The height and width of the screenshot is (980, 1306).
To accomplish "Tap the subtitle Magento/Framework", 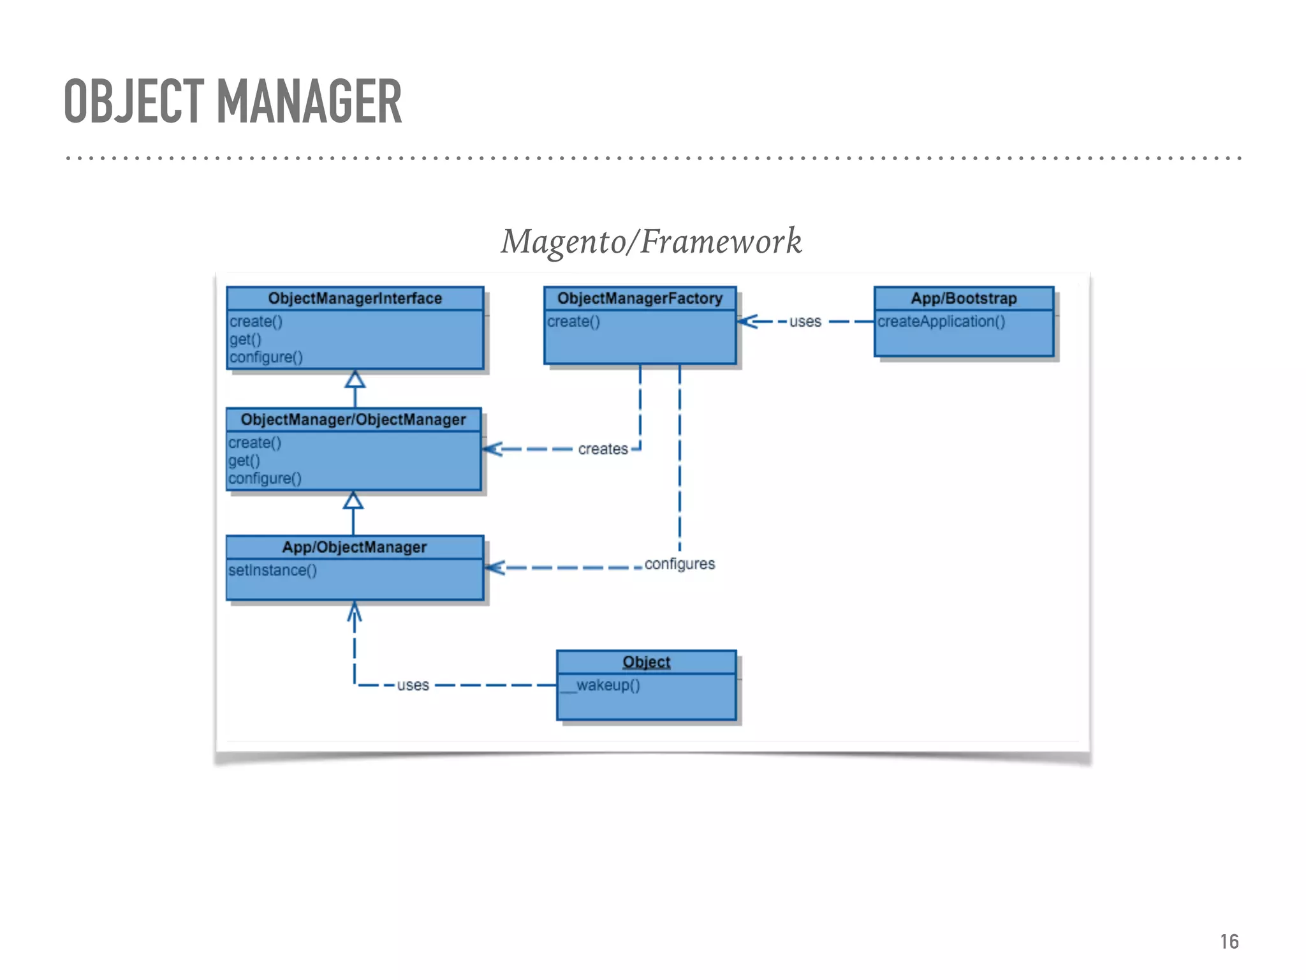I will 651,242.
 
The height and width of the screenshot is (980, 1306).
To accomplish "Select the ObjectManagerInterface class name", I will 355,299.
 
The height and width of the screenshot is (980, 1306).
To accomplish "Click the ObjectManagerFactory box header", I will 640,299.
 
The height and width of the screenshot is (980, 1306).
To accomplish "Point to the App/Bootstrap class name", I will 964,299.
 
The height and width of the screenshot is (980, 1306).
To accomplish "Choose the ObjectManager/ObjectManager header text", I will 353,420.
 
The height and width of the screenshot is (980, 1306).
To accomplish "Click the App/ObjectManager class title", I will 355,547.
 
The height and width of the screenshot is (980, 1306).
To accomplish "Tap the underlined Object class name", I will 646,662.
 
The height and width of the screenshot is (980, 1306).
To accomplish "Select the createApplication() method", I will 941,322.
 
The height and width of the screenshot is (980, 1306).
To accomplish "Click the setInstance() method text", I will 272,570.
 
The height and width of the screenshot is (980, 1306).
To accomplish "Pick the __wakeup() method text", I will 601,685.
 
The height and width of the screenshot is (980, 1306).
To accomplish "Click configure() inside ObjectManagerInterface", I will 266,357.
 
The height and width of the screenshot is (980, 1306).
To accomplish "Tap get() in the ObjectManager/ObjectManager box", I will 244,461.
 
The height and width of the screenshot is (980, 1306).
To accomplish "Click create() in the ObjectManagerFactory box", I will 573,322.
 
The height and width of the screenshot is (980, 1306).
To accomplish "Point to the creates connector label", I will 603,449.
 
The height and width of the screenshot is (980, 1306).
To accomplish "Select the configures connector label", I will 679,564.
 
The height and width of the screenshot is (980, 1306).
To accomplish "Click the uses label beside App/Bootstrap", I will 805,322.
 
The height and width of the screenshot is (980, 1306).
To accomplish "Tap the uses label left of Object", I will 413,685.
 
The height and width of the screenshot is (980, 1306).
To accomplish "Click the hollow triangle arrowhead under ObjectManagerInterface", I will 355,380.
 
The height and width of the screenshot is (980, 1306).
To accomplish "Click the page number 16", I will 1229,942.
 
